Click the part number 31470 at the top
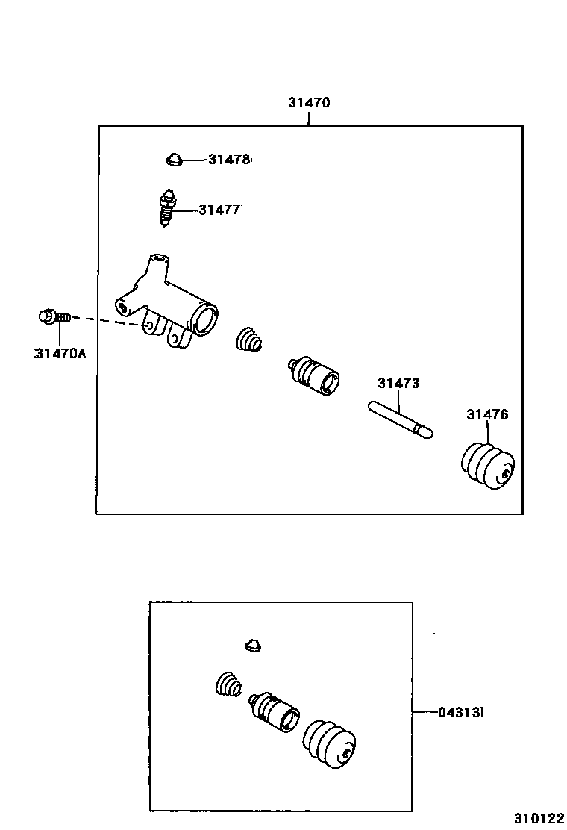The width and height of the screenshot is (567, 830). point(309,103)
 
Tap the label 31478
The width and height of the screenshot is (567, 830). point(229,159)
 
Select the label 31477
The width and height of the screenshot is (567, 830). point(220,210)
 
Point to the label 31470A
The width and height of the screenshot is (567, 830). point(60,353)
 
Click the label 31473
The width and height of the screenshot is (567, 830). point(398,384)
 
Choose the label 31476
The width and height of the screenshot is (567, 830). point(487,414)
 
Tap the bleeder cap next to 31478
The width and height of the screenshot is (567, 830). point(174,159)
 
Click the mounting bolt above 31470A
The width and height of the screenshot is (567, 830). point(53,317)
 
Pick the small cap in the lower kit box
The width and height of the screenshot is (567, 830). point(254,644)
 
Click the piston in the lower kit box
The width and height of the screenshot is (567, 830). point(275,711)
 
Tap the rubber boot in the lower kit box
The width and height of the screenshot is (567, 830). point(329,742)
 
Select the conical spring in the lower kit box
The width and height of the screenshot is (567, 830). point(229,685)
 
